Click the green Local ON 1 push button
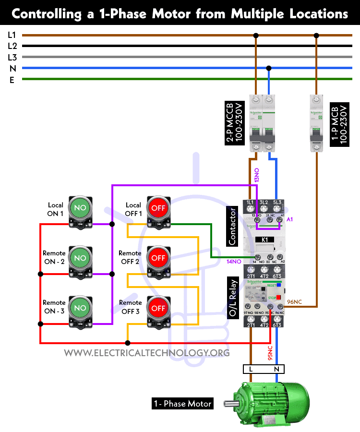[80, 207]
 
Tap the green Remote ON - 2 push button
[80, 258]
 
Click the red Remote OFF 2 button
[158, 258]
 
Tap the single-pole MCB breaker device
[316, 123]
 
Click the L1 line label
[12, 35]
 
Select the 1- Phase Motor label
[182, 404]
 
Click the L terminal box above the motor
[251, 369]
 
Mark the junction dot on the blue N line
[269, 68]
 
